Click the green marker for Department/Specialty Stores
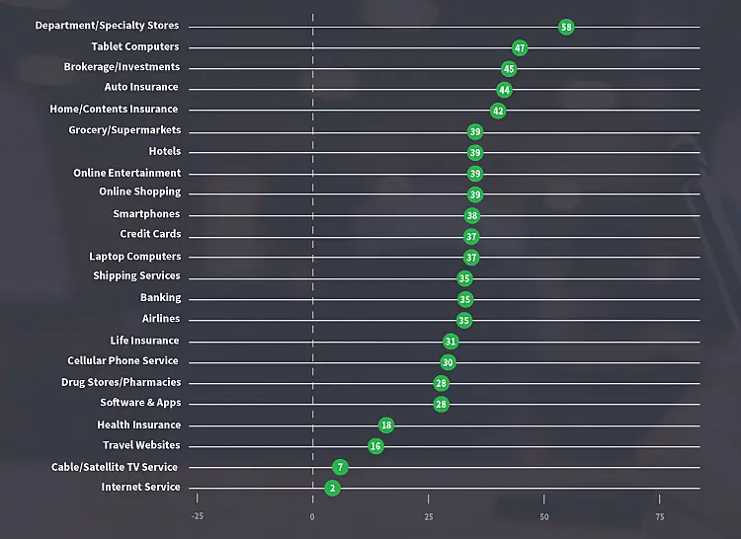(566, 27)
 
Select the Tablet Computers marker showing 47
(520, 47)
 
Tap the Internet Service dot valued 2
(332, 488)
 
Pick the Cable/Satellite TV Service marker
(341, 467)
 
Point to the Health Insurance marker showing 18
(386, 424)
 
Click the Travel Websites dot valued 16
(375, 446)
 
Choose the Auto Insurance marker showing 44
(504, 90)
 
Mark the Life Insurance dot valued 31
(451, 342)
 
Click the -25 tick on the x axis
(197, 516)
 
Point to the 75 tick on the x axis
(660, 516)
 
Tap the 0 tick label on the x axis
(312, 516)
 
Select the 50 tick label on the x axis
(544, 516)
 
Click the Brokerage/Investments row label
(122, 67)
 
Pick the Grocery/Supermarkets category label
(124, 130)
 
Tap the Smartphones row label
(146, 214)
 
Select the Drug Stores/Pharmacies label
(121, 382)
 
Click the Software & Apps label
(140, 403)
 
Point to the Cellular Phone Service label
(123, 361)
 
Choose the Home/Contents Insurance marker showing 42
(498, 111)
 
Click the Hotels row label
(165, 151)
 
